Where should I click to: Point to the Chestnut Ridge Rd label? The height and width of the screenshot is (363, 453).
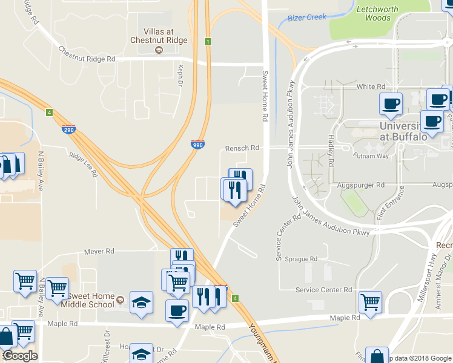click(87, 54)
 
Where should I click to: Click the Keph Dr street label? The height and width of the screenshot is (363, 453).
click(180, 76)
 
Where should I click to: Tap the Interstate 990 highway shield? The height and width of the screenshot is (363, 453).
click(197, 145)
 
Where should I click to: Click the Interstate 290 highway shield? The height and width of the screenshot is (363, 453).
click(68, 129)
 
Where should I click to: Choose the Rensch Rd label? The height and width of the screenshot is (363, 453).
click(242, 148)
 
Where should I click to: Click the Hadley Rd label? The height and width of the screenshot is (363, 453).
click(331, 151)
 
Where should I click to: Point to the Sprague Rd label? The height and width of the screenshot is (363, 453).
click(305, 259)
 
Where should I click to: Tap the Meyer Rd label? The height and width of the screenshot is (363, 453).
click(99, 251)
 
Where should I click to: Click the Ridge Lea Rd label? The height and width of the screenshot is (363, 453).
click(84, 163)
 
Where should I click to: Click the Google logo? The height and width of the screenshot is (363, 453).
click(20, 356)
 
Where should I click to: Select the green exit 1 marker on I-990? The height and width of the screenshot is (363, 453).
click(208, 42)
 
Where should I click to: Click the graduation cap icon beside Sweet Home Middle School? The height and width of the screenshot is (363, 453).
click(141, 302)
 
